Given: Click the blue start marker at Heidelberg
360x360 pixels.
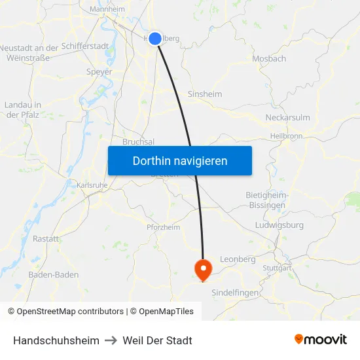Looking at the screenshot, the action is coord(155,39).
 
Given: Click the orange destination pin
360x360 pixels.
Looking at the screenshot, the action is coord(203,268).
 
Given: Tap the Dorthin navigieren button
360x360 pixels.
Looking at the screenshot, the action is coord(180,160).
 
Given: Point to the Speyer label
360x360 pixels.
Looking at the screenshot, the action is coord(99,72).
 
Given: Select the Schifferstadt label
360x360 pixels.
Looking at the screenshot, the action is coord(85,47).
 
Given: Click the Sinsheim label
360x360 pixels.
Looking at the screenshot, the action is coord(205,94).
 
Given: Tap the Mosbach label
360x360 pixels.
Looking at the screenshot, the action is coord(269,58).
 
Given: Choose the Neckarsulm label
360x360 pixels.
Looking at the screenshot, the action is coord(287,118).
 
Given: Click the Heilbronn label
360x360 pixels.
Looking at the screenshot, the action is coord(286,136).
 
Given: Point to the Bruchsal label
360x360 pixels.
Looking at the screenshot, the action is coord(139,141).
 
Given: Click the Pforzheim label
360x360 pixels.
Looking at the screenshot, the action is coord(163,227).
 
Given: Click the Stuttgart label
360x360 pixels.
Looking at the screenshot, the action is coord(276,268).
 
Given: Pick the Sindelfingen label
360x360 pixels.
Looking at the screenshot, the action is coord(236,293).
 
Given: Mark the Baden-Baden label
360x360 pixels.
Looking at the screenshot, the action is coord(54,275).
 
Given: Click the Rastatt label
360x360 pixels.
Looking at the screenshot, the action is coord(46,239).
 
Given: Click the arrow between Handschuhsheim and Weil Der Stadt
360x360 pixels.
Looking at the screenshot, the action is coord(111,340).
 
